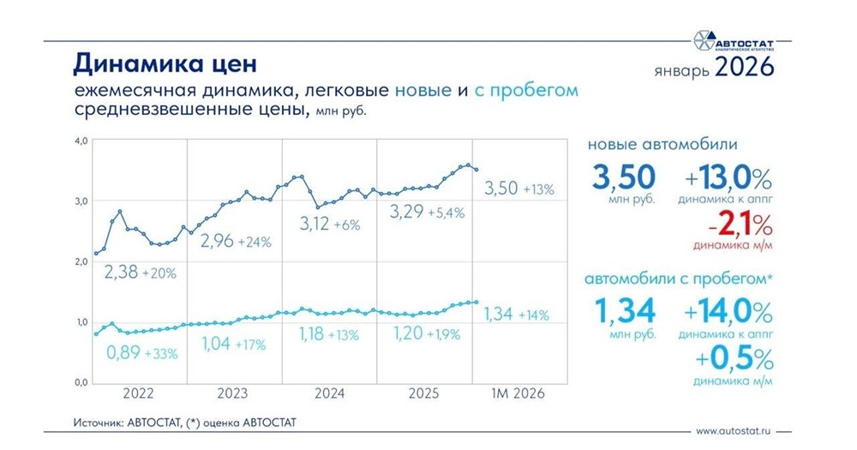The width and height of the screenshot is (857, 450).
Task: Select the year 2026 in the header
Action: (x=744, y=66)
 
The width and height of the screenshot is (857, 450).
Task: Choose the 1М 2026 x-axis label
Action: (x=517, y=394)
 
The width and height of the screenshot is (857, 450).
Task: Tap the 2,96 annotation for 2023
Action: (x=219, y=241)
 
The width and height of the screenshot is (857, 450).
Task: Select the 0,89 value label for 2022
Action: (x=125, y=351)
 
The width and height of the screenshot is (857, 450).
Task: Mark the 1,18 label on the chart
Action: (x=315, y=333)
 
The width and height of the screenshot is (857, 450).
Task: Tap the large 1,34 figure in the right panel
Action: (x=623, y=309)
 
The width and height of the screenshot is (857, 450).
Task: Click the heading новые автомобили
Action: (x=663, y=145)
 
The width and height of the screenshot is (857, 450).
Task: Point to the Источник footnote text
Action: (x=183, y=423)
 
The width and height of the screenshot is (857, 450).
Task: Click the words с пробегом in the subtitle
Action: (x=526, y=89)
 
